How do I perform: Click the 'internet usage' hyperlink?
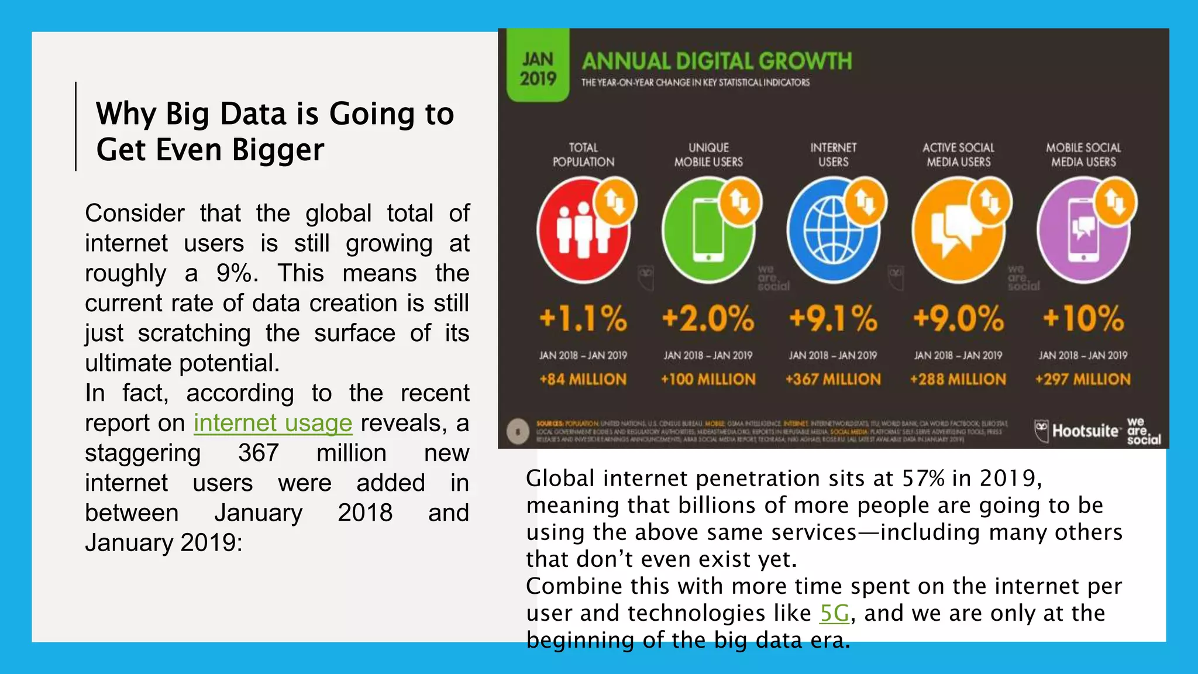(x=273, y=423)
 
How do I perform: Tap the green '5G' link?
(x=834, y=613)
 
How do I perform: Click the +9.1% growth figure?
(x=833, y=319)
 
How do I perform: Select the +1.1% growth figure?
(x=583, y=319)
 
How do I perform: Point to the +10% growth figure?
(x=1083, y=319)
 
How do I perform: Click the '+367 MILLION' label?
(x=833, y=380)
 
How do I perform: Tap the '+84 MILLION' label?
(x=583, y=380)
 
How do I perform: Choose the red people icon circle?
(x=583, y=231)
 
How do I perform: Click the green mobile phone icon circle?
(x=708, y=231)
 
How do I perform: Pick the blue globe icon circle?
(x=833, y=231)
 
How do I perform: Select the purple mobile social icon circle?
(x=1083, y=231)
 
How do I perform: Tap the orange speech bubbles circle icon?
(x=958, y=231)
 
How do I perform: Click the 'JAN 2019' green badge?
(x=538, y=69)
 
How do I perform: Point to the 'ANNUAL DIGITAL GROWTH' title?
(x=717, y=61)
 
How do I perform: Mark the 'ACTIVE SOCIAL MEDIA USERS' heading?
(x=958, y=155)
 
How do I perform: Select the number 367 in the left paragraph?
(x=259, y=453)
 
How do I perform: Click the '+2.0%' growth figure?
(x=708, y=319)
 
